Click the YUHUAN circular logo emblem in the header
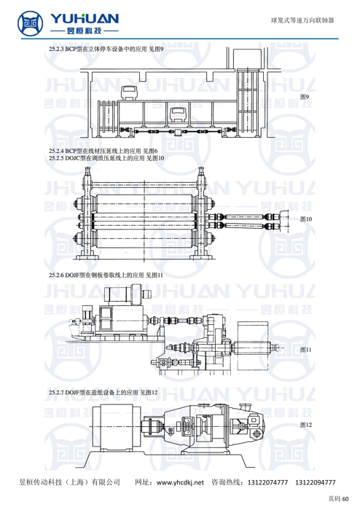pyautogui.click(x=31, y=23)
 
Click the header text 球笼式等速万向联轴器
pyautogui.click(x=302, y=20)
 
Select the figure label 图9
pyautogui.click(x=305, y=97)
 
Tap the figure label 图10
pyautogui.click(x=305, y=219)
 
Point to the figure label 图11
pyautogui.click(x=305, y=350)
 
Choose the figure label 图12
pyautogui.click(x=305, y=425)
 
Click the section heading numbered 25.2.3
pyautogui.click(x=106, y=49)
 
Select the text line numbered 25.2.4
pyautogui.click(x=103, y=151)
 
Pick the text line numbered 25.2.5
pyautogui.click(x=106, y=158)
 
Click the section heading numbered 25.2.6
pyautogui.click(x=106, y=275)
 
